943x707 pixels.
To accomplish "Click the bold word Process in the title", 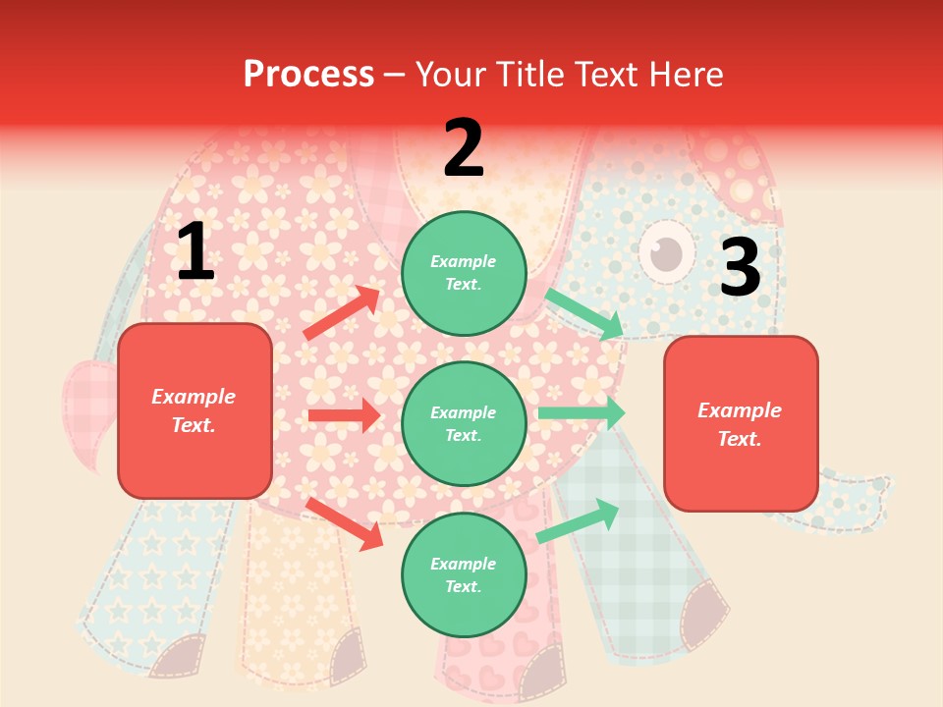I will [308, 75].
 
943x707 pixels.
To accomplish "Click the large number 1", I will [195, 252].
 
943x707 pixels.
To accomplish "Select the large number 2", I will [464, 148].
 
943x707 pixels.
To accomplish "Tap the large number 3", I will [740, 268].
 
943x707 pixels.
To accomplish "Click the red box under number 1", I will [194, 410].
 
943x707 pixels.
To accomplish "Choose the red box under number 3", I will [741, 423].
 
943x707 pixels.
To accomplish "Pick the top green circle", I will [464, 273].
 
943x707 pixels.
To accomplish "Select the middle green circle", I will [464, 423].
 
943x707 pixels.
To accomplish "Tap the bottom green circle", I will [464, 574].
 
